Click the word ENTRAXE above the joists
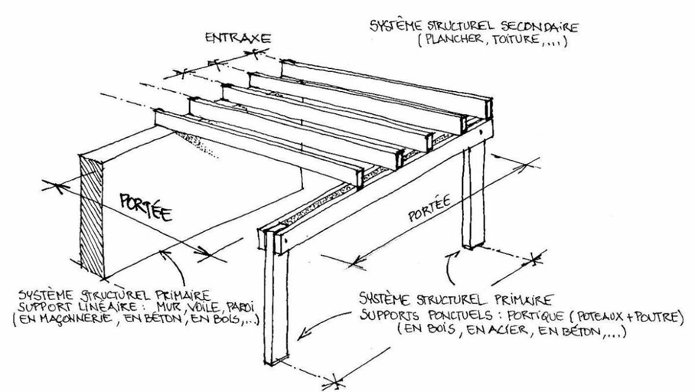238,39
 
